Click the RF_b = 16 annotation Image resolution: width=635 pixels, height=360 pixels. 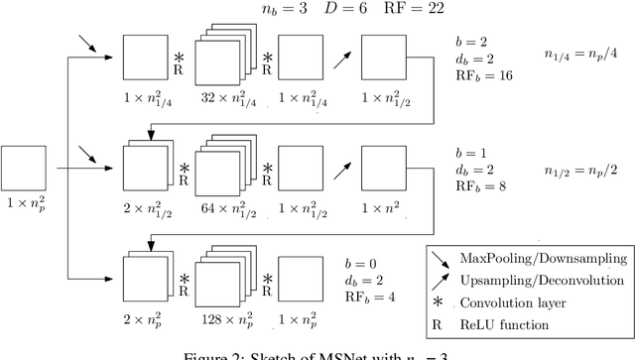479,75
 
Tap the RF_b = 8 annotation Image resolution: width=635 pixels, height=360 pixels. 475,183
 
